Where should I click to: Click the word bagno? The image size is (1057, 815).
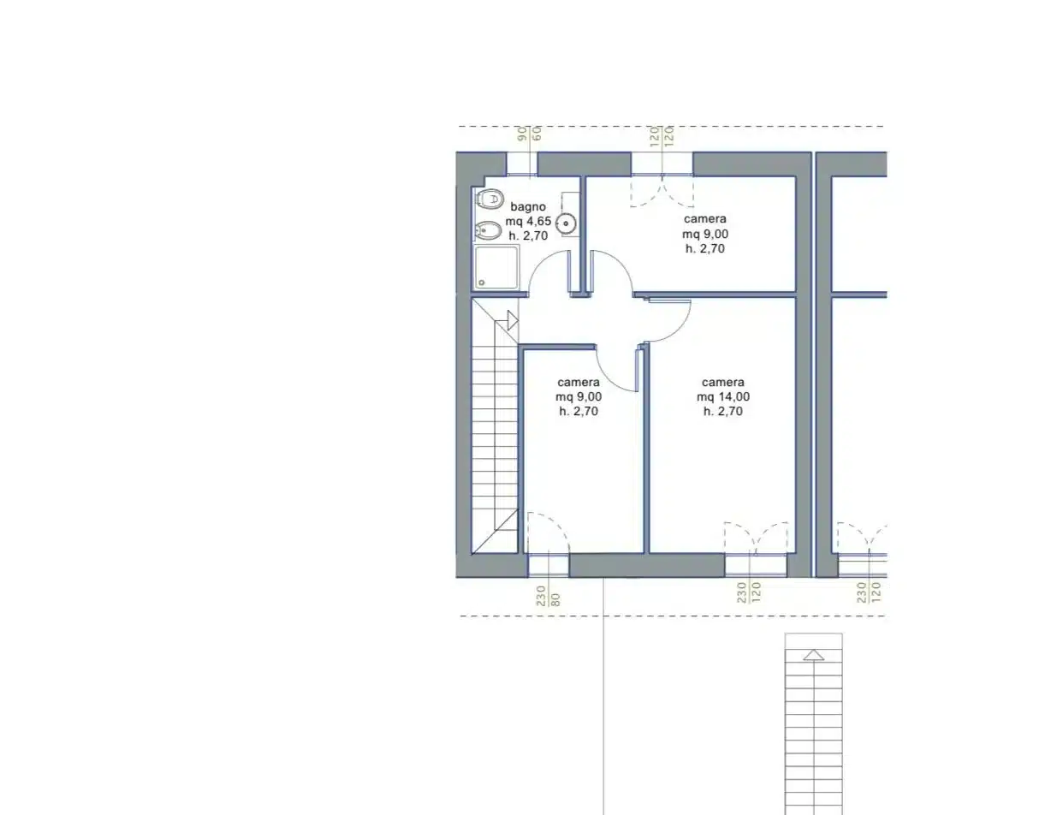point(528,207)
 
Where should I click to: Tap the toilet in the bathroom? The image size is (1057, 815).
point(489,199)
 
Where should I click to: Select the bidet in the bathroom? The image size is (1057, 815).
point(488,230)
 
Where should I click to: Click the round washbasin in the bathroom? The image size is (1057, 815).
point(566,223)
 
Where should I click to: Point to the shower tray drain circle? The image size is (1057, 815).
point(482,283)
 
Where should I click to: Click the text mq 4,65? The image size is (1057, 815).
point(528,222)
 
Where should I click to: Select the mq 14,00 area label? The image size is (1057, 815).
point(723,396)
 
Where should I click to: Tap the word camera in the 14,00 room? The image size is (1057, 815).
point(723,382)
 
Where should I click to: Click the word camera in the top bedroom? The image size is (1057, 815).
point(705,219)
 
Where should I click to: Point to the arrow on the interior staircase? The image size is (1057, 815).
point(512,321)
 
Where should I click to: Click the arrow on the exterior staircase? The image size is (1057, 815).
point(813,655)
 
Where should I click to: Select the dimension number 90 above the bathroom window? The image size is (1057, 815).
point(522,134)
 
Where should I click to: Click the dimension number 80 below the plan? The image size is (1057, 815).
point(556,599)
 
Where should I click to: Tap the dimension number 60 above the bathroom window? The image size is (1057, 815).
point(537,134)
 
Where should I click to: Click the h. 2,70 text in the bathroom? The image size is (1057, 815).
point(528,236)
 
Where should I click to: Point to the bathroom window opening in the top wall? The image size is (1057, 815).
point(522,164)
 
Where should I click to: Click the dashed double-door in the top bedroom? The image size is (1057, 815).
point(662,191)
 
